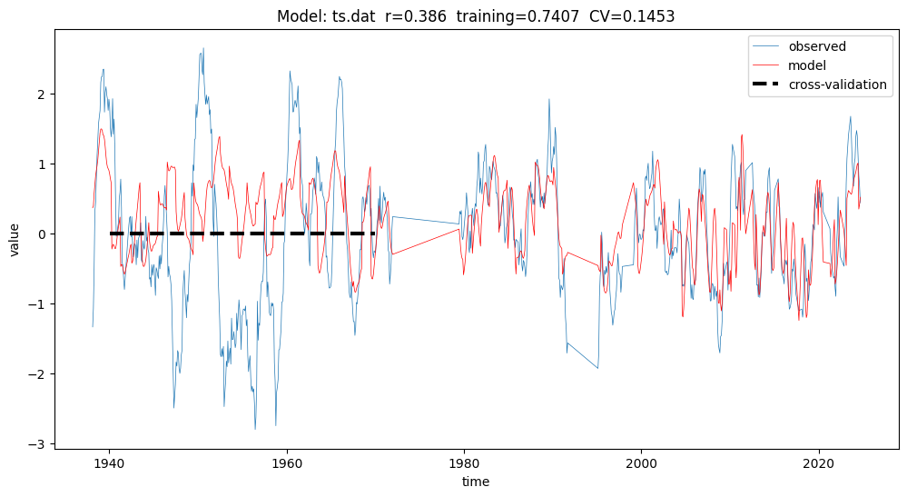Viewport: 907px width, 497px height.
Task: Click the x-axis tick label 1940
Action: tap(109, 462)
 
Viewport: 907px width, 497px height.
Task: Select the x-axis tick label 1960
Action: tap(287, 462)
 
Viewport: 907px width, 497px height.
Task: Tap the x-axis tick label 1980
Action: tap(464, 462)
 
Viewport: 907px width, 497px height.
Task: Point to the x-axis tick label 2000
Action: tap(642, 462)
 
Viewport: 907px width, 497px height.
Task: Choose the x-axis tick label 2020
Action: tap(819, 462)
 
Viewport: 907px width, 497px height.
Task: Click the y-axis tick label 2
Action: tap(42, 94)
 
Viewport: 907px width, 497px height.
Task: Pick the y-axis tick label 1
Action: tap(42, 164)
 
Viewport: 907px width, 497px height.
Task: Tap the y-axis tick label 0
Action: tap(42, 234)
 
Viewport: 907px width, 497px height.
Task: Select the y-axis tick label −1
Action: tap(38, 304)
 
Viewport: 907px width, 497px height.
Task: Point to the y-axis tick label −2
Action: tap(38, 374)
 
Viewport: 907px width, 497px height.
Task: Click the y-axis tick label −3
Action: tap(38, 444)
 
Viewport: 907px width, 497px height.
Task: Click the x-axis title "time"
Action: tap(475, 482)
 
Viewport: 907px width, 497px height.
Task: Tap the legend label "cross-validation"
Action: tap(837, 84)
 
